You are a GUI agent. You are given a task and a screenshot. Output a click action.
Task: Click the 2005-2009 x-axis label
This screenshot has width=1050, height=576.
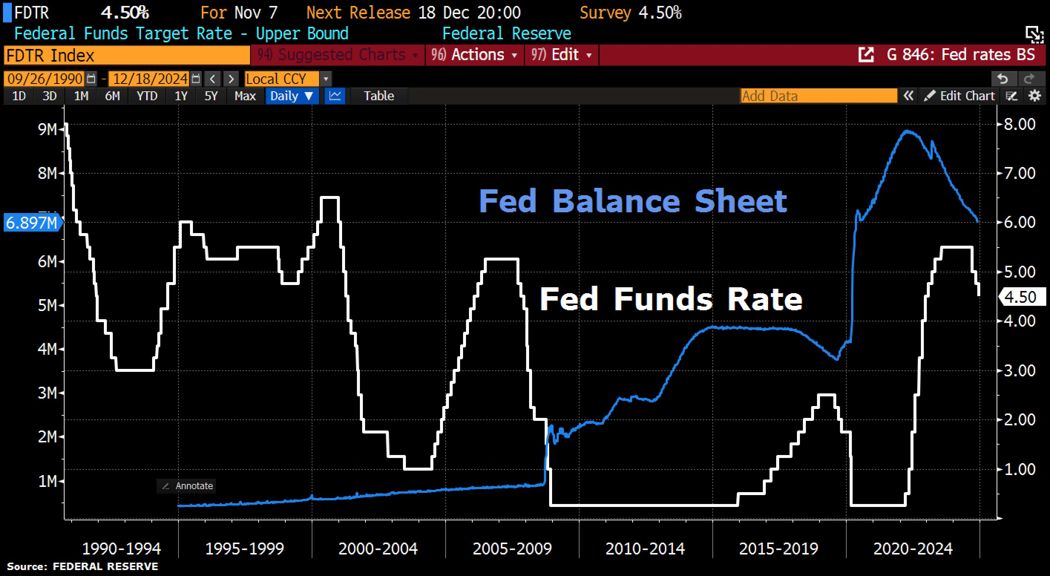[512, 549]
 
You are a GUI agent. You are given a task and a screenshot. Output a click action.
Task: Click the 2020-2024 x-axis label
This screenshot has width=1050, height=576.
[913, 549]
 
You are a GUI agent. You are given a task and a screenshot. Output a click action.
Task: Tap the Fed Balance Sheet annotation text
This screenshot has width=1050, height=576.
[633, 202]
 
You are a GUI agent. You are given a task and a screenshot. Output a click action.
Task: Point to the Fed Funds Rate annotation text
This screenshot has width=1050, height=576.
[671, 299]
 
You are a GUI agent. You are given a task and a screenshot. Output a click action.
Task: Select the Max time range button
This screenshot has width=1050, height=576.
[245, 96]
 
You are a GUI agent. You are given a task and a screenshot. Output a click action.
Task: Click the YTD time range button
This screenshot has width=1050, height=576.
[147, 96]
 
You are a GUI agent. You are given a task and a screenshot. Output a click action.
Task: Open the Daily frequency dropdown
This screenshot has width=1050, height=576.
[292, 96]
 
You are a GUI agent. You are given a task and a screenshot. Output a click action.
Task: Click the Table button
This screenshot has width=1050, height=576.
[379, 96]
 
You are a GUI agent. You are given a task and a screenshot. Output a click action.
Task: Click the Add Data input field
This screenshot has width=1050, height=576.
[818, 96]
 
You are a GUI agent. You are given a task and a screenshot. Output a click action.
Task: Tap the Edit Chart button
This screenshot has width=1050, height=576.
[960, 96]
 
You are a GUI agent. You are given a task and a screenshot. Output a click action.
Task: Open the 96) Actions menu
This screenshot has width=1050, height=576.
[475, 55]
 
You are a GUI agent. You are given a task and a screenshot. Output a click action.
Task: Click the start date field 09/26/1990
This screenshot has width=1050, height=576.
[45, 79]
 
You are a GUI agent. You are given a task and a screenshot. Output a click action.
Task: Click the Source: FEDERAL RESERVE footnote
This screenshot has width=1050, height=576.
[82, 567]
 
